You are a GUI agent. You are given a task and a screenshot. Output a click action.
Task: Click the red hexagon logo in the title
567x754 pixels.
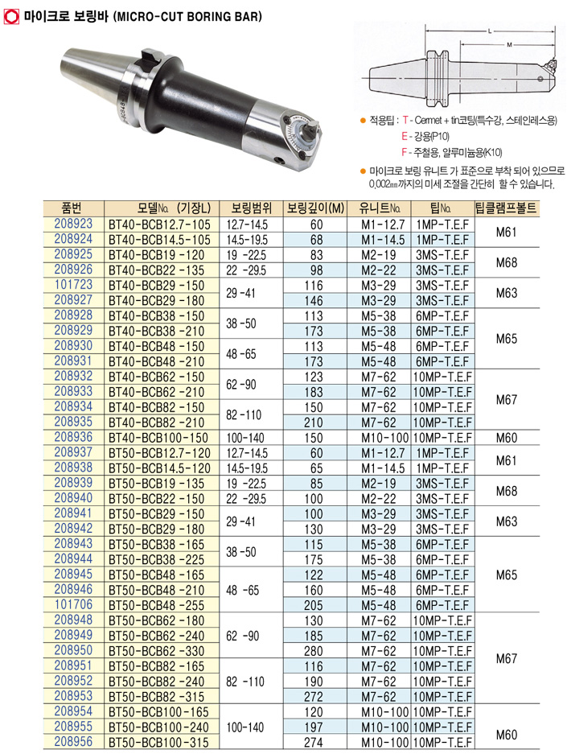[11, 16]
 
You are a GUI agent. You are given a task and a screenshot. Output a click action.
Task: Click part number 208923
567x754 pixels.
[73, 224]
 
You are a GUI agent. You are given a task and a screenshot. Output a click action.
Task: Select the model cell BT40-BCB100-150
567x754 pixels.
[158, 438]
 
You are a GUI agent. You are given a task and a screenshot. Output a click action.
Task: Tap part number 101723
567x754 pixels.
[73, 285]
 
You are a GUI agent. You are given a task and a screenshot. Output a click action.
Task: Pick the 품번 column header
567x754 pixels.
[72, 208]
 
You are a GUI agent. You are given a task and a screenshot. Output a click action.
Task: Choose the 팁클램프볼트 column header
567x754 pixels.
[506, 208]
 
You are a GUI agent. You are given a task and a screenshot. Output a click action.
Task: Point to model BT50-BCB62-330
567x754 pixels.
[157, 651]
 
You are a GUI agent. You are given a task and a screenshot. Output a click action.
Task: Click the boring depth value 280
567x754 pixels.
[314, 651]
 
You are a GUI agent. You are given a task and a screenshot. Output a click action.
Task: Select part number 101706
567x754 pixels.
[73, 604]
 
